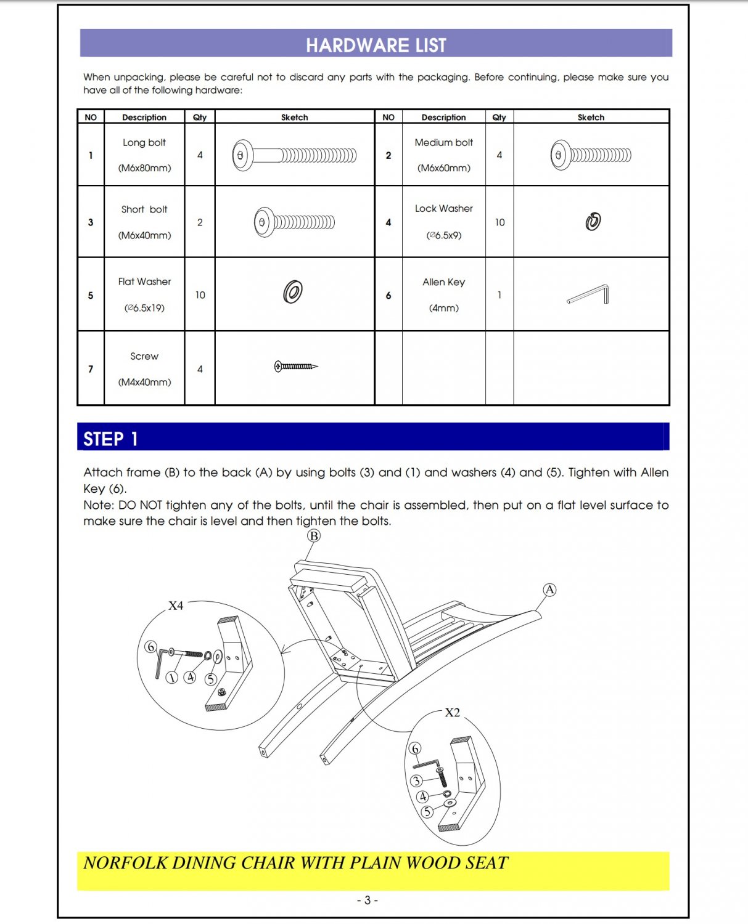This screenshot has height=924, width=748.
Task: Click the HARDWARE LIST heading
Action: pyautogui.click(x=376, y=45)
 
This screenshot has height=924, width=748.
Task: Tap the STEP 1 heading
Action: pyautogui.click(x=110, y=439)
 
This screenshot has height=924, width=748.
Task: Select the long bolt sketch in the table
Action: pyautogui.click(x=294, y=155)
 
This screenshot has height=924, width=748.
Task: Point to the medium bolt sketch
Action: pyautogui.click(x=591, y=155)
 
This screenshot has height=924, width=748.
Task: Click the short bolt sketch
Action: pyautogui.click(x=294, y=222)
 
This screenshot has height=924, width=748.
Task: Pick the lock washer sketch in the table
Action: pyautogui.click(x=593, y=221)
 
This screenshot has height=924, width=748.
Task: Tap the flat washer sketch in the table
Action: pyautogui.click(x=293, y=291)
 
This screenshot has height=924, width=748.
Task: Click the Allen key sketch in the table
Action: pyautogui.click(x=589, y=294)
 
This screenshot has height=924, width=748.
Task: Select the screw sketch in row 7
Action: pyautogui.click(x=296, y=367)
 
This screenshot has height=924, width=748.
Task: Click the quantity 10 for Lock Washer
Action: pyautogui.click(x=499, y=222)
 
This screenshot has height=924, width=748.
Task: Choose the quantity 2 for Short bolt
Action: pyautogui.click(x=200, y=222)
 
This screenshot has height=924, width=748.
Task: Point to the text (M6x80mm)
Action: pyautogui.click(x=144, y=168)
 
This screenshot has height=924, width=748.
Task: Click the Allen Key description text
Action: pyautogui.click(x=443, y=282)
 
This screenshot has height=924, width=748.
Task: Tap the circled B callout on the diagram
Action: pyautogui.click(x=314, y=536)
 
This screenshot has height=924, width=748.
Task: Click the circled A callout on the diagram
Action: pyautogui.click(x=549, y=590)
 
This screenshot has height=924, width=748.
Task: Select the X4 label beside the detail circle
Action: pyautogui.click(x=176, y=606)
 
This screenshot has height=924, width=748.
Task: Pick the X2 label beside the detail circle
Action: pyautogui.click(x=452, y=713)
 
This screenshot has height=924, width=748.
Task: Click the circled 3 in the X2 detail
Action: pyautogui.click(x=417, y=781)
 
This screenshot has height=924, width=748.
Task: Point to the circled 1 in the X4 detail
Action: pyautogui.click(x=172, y=678)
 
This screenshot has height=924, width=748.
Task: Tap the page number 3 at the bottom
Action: pyautogui.click(x=368, y=900)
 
